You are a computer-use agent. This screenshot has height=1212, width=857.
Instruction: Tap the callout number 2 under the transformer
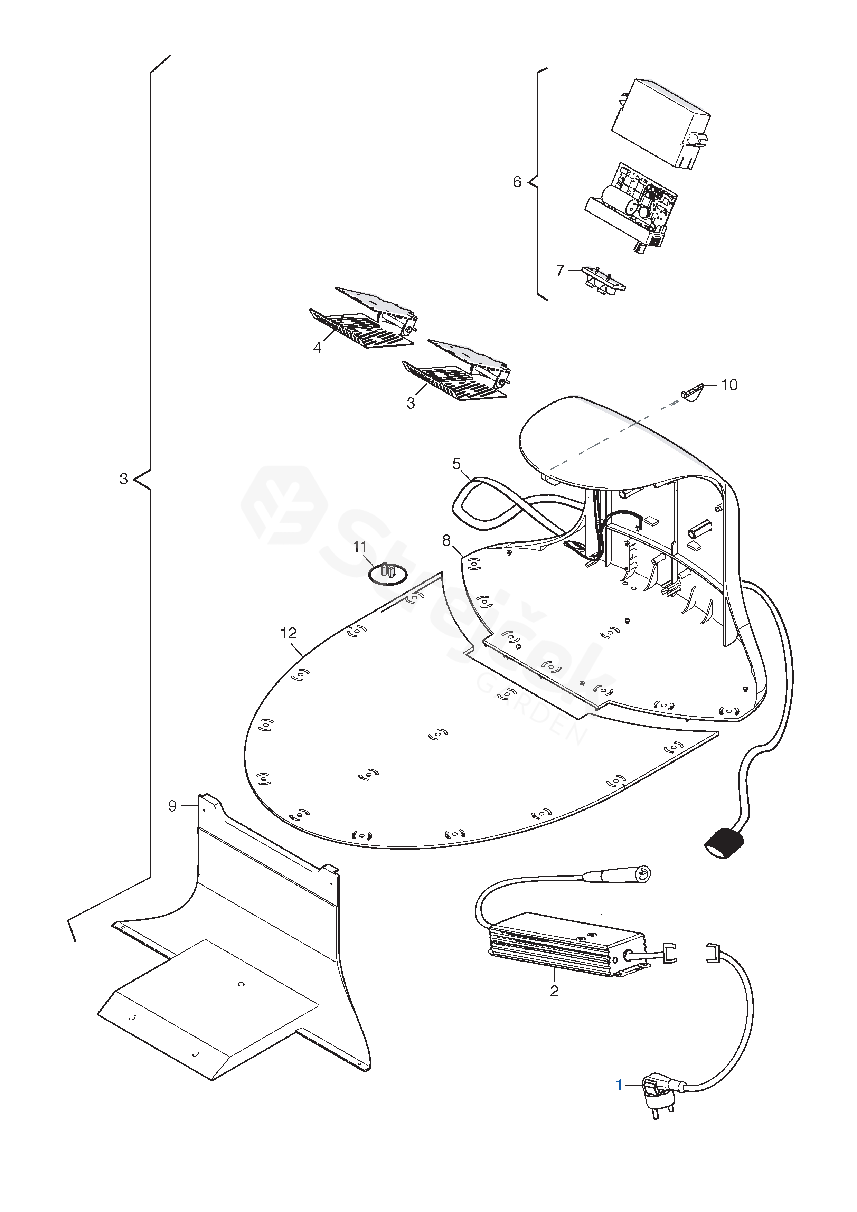(x=554, y=991)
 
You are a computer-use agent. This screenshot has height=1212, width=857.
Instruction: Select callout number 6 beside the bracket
(x=517, y=182)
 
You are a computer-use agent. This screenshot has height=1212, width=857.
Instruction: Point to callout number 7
(x=560, y=271)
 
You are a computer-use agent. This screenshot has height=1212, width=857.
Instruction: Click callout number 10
(x=729, y=385)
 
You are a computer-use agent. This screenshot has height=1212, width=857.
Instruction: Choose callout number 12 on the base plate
(x=288, y=633)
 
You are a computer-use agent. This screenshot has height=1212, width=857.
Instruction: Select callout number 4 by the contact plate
(x=317, y=348)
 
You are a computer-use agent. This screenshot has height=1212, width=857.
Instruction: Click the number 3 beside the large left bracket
(x=124, y=479)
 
